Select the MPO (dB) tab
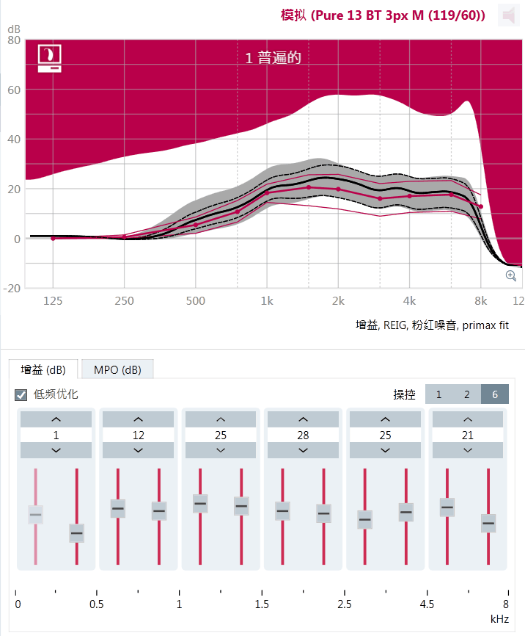pos(118,369)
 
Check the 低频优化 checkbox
pos(22,394)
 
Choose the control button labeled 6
pos(495,394)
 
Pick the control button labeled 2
pos(466,394)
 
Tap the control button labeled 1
pos(438,394)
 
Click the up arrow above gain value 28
pos(303,419)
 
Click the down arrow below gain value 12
pos(139,450)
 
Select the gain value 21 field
pos(467,435)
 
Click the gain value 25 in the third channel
pos(221,435)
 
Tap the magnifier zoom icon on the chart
pos(511,275)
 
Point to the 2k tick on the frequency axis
pos(338,300)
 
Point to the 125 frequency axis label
pos(53,300)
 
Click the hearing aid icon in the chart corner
pos(49,58)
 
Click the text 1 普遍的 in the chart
pos(273,57)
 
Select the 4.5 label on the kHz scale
pos(427,604)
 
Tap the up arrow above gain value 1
pos(56,419)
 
